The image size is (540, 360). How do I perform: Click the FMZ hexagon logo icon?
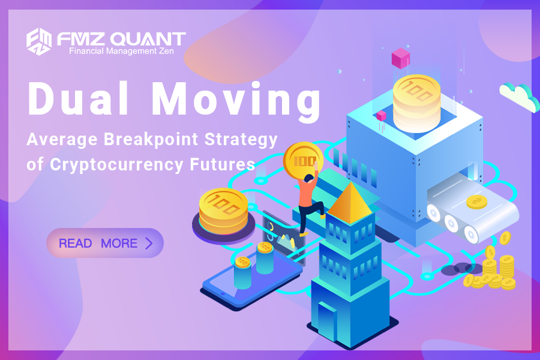[x=39, y=41]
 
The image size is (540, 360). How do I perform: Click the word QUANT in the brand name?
[x=148, y=39]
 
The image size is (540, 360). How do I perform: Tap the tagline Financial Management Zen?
[x=122, y=52]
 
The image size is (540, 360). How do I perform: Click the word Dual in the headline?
[x=79, y=98]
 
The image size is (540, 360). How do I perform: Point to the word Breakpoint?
[x=151, y=139]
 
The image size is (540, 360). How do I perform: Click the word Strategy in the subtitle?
[x=241, y=140]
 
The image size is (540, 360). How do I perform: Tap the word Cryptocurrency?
[x=116, y=164]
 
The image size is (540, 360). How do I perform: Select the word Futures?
[x=223, y=164]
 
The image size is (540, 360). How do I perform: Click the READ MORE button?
[x=105, y=243]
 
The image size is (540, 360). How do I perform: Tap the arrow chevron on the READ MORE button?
[x=149, y=243]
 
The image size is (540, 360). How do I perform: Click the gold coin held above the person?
[x=303, y=160]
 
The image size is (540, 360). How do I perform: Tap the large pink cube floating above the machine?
[x=401, y=58]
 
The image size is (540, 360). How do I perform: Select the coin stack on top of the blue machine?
[x=417, y=103]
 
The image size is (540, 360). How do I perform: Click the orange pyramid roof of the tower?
[x=350, y=203]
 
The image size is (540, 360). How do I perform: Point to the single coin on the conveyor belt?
[x=476, y=202]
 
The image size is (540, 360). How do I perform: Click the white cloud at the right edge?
[x=520, y=97]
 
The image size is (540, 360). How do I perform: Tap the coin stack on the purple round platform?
[x=223, y=211]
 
